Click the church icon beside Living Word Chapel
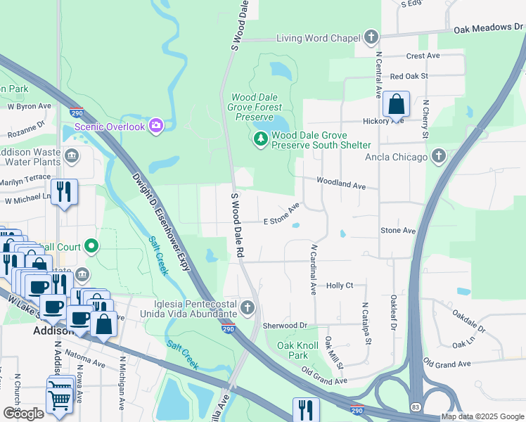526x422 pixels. click(x=371, y=38)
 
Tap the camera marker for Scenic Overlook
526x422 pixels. click(x=155, y=127)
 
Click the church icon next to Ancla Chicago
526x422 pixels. click(x=439, y=156)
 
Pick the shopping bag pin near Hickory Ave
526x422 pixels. click(x=397, y=105)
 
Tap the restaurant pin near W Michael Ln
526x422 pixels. click(x=64, y=191)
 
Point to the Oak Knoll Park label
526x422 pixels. click(x=297, y=350)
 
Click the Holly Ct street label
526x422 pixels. click(x=340, y=286)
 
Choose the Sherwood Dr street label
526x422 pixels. click(x=286, y=326)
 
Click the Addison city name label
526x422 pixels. click(x=53, y=331)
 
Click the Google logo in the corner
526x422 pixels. click(x=24, y=413)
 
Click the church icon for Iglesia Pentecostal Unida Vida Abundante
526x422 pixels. click(x=248, y=307)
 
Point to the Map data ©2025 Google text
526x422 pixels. click(x=482, y=416)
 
